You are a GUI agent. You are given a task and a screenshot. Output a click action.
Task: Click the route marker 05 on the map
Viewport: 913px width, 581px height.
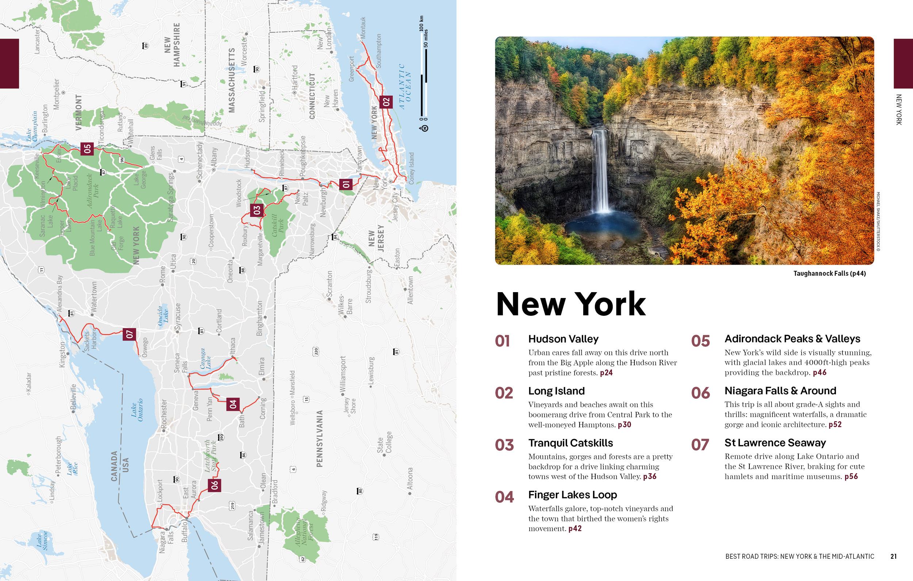pos(87,149)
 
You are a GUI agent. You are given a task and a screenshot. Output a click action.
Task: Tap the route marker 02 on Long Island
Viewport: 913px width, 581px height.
pos(386,102)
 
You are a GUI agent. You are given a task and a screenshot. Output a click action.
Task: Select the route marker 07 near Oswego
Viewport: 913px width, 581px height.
pos(129,334)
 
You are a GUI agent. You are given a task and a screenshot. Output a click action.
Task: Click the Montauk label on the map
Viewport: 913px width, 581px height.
pos(363,27)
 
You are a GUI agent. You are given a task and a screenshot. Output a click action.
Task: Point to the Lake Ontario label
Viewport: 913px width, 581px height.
pos(137,410)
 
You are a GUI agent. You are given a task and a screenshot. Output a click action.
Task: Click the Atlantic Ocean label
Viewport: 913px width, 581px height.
pos(405,87)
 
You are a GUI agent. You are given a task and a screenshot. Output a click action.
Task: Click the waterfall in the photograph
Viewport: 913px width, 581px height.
pos(600,171)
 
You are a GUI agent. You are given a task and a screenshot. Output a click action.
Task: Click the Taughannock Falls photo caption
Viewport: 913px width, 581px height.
pos(830,274)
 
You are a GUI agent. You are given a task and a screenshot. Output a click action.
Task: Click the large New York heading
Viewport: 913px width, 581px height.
pos(570,304)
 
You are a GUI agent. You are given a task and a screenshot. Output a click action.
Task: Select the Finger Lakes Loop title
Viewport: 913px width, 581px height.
pos(573,494)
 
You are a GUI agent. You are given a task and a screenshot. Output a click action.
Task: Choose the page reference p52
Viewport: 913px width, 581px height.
pos(835,424)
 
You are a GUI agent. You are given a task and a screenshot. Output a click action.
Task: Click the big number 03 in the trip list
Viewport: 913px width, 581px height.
pos(504,445)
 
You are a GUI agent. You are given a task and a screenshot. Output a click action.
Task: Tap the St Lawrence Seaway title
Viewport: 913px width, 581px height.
pos(775,443)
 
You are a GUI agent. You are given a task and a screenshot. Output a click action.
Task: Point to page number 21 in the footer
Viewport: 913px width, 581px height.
pos(894,556)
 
